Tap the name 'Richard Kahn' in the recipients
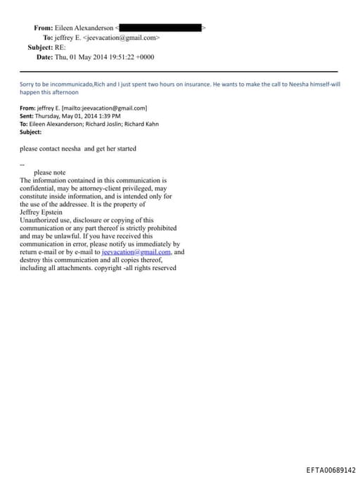(x=143, y=124)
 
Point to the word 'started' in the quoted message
(x=124, y=149)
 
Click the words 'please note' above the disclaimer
(x=49, y=172)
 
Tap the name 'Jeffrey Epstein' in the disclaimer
(x=41, y=212)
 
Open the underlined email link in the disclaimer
(x=136, y=252)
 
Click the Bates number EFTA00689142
(x=330, y=470)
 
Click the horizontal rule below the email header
(x=179, y=71)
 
